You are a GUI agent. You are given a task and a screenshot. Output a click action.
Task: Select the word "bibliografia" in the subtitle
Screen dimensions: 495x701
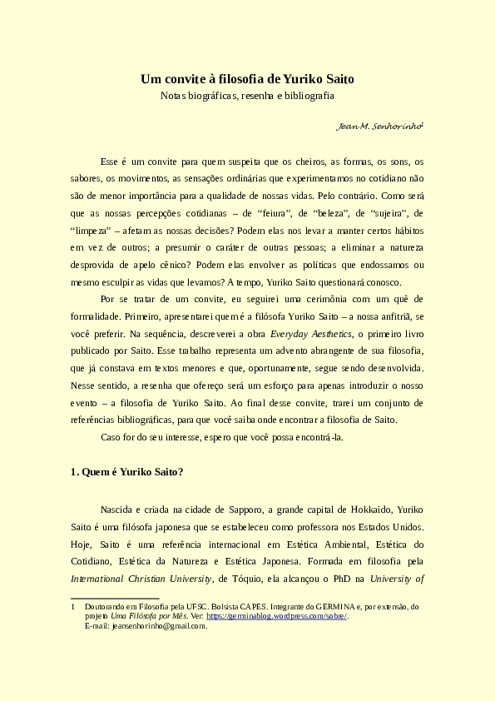point(307,96)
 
